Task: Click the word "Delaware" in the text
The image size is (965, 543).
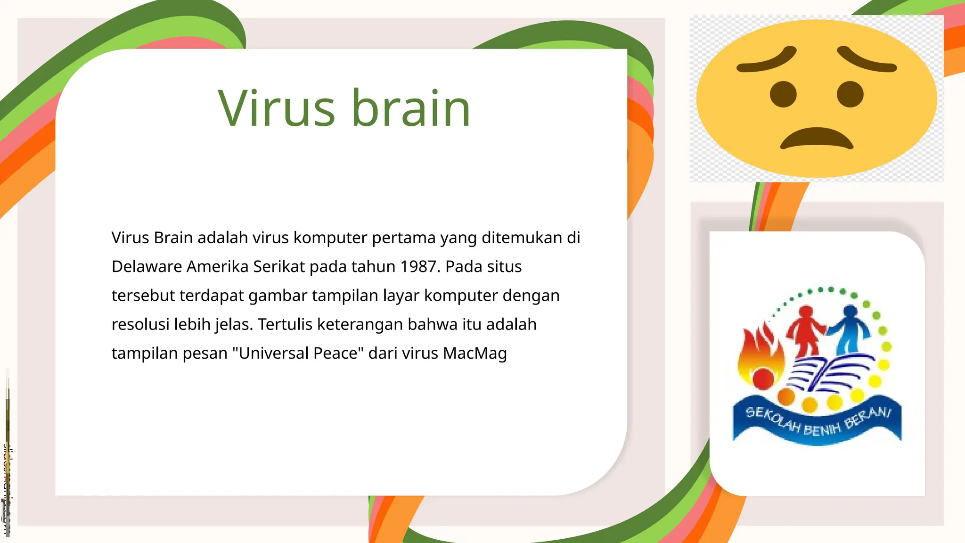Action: tap(147, 267)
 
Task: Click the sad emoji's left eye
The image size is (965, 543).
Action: tap(783, 94)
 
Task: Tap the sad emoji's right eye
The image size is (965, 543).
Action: tap(850, 94)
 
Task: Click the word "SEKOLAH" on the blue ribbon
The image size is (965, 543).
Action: tap(773, 420)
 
